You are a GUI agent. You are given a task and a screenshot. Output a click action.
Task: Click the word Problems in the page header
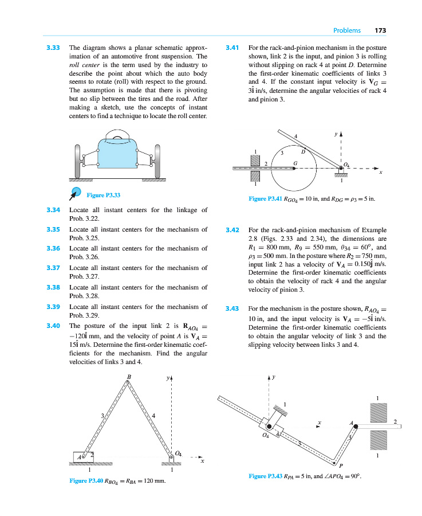coord(347,30)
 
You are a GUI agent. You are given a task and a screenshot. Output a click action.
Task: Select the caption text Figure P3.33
coord(104,195)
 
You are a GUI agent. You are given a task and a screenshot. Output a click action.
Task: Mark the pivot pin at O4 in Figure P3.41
coord(341,168)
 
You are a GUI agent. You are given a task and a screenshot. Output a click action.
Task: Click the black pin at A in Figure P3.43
coord(356,426)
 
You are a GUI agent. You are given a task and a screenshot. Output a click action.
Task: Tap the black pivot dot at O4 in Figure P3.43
coord(269,426)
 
